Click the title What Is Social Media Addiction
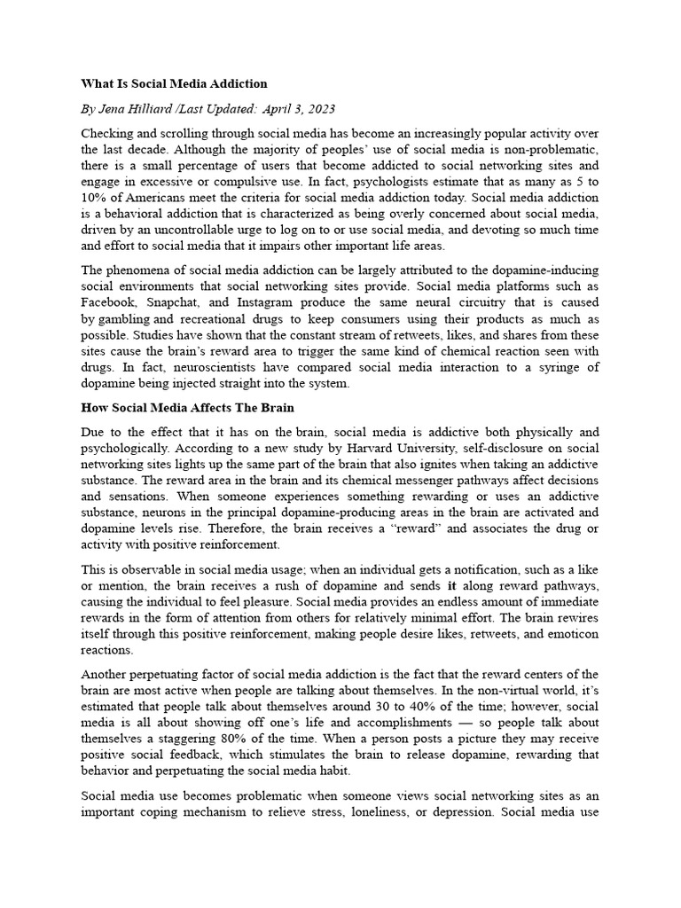[174, 83]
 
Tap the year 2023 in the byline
[319, 108]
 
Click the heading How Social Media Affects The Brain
[188, 408]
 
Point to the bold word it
[451, 585]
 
